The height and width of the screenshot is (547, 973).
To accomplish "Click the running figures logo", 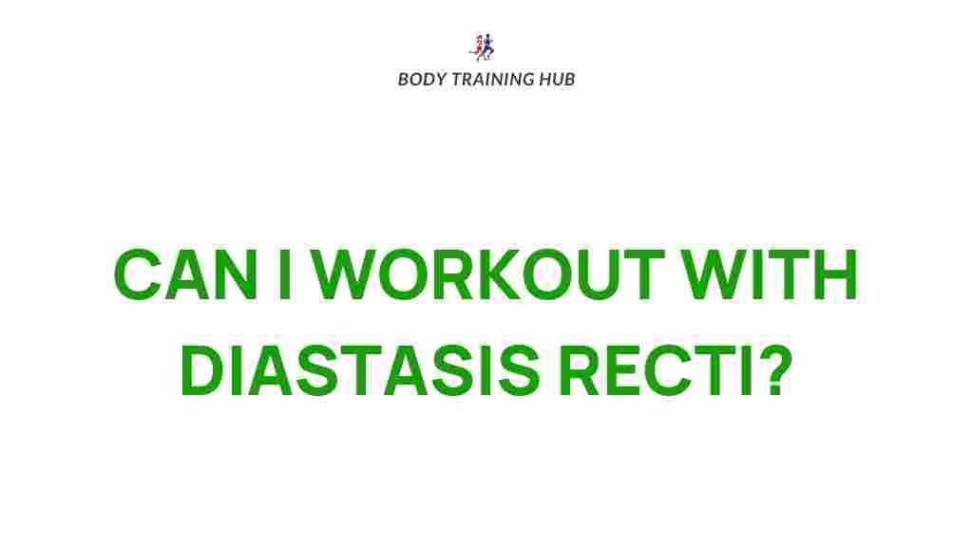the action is tap(482, 47).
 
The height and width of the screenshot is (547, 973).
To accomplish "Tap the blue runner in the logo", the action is tap(487, 47).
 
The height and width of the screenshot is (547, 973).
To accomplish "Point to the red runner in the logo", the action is tap(476, 48).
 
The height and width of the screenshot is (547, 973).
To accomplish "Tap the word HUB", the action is tap(557, 80).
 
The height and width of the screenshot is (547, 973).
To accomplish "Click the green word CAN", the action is tap(185, 274).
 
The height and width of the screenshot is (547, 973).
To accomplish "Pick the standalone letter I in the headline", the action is tap(285, 274).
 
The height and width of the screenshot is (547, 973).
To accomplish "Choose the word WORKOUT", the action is tap(487, 274).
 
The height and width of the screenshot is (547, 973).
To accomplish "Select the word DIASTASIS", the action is tap(360, 370).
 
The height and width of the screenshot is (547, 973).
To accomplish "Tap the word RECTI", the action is tap(654, 370).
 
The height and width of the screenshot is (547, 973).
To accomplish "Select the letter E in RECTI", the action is tap(628, 371).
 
